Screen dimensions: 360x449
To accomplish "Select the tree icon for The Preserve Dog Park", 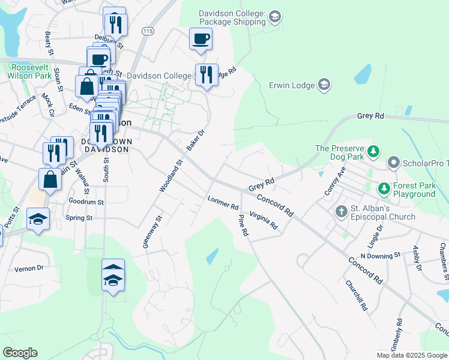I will pyautogui.click(x=374, y=151).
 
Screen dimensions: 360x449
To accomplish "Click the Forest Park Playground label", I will pyautogui.click(x=414, y=190).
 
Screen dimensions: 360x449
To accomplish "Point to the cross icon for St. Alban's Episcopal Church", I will pyautogui.click(x=341, y=211).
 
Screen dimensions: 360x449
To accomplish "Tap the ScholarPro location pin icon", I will pyautogui.click(x=394, y=162).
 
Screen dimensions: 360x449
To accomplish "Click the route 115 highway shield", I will pyautogui.click(x=147, y=30).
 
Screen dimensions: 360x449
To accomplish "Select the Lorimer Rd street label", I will pyautogui.click(x=223, y=203).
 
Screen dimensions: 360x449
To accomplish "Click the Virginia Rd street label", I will pyautogui.click(x=264, y=221).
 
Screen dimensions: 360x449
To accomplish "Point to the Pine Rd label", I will pyautogui.click(x=243, y=225).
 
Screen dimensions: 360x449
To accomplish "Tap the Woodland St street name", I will pyautogui.click(x=170, y=176).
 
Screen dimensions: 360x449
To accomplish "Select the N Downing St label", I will pyautogui.click(x=380, y=256).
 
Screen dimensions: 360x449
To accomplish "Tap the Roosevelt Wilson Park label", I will pyautogui.click(x=30, y=72).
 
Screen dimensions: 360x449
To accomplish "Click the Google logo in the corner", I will pyautogui.click(x=20, y=353).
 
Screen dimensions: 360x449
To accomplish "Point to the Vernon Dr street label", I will pyautogui.click(x=29, y=268).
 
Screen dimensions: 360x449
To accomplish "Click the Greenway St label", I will pyautogui.click(x=152, y=232).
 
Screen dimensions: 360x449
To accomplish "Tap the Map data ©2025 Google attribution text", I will pyautogui.click(x=412, y=355).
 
